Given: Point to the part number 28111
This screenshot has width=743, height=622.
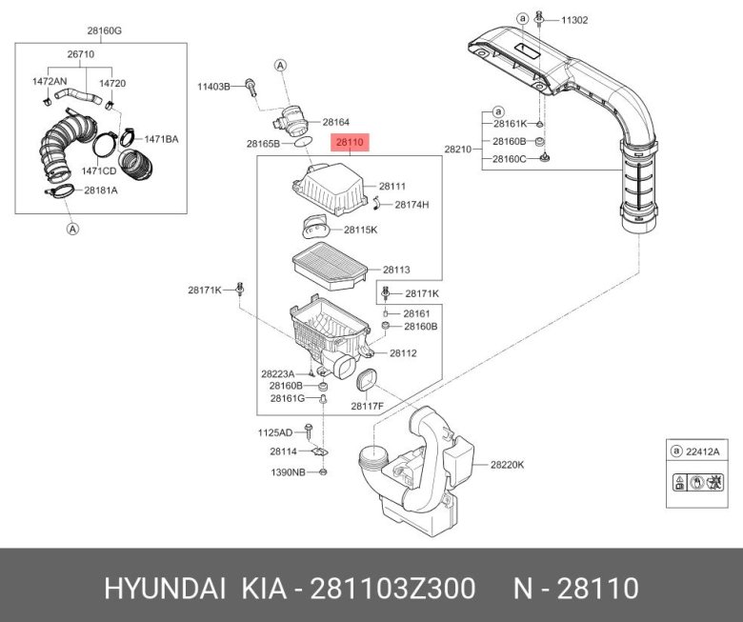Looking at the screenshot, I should coord(392,187).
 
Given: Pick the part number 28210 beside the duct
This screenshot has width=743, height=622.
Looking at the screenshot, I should coord(458,150).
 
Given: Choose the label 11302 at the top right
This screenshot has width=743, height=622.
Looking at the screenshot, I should coord(574,18).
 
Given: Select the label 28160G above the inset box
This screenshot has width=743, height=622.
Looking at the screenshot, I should coord(105,30).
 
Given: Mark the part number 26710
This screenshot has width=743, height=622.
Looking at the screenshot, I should coord(80,55).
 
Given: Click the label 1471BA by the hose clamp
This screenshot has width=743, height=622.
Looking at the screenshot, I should coord(161,139).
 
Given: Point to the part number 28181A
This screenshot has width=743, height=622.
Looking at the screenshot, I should coord(100,191).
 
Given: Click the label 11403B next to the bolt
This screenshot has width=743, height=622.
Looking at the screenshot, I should coord(213,87).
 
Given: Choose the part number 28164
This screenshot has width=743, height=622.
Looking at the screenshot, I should coord(335,122).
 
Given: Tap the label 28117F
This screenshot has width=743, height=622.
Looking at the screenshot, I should coord(367,406).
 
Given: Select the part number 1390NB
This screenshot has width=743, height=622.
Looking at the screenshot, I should coord(287,472).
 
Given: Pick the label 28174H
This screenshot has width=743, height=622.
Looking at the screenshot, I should coord(412,205).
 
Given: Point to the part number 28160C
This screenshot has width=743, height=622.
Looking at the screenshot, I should coord(511,159).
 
